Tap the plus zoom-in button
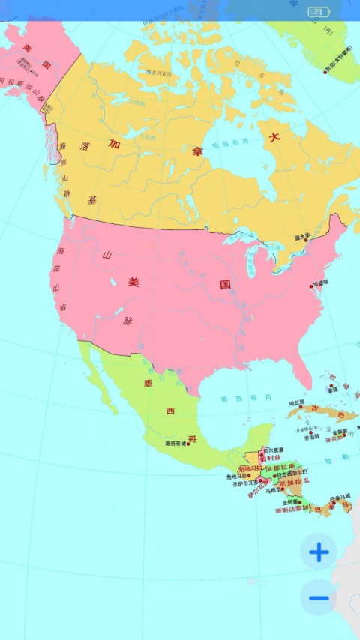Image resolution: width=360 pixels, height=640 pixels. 319,553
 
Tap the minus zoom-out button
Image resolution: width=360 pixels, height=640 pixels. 319,597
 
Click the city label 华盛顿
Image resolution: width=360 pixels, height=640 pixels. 322,284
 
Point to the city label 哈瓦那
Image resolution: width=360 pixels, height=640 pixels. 297,402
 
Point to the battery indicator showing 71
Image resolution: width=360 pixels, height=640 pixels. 319,12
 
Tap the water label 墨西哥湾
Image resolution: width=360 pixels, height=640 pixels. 235,399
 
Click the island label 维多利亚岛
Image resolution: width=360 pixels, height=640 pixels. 159,73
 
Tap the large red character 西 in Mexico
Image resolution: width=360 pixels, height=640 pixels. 170,411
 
